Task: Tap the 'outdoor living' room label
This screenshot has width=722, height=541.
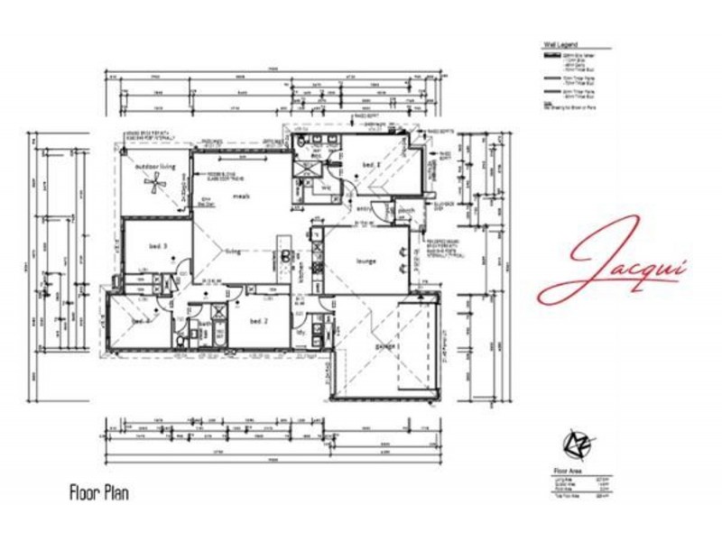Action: click(x=153, y=167)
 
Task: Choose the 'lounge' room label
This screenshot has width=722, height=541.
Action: click(x=366, y=261)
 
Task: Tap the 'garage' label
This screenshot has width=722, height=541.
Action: click(x=386, y=346)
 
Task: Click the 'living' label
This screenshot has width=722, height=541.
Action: click(x=233, y=253)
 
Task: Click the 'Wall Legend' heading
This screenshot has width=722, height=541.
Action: click(x=560, y=42)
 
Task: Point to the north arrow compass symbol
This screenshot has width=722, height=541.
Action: click(x=573, y=445)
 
